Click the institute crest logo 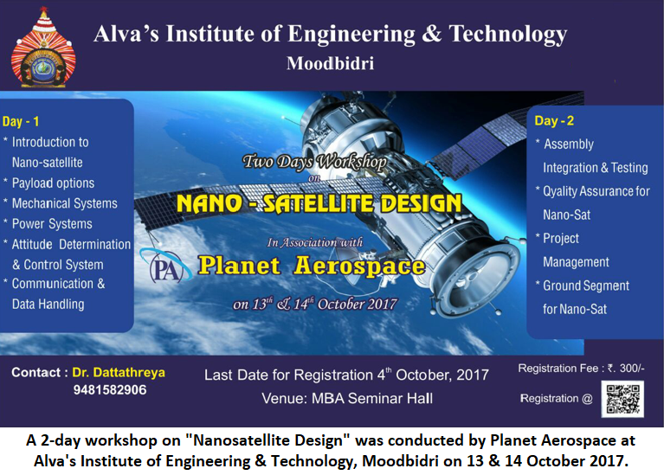43,48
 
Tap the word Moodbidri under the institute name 331,63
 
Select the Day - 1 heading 21,121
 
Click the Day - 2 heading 554,120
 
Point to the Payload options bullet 53,183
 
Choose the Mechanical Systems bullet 64,203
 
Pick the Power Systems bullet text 52,223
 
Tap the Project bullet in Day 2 561,238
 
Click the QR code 622,399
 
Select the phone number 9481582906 110,390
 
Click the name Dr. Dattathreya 119,373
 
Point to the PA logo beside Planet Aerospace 165,266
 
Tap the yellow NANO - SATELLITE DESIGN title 319,203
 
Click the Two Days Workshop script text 314,162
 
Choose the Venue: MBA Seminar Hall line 347,398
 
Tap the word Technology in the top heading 508,34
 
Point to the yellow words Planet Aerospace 312,266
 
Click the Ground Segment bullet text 586,286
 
